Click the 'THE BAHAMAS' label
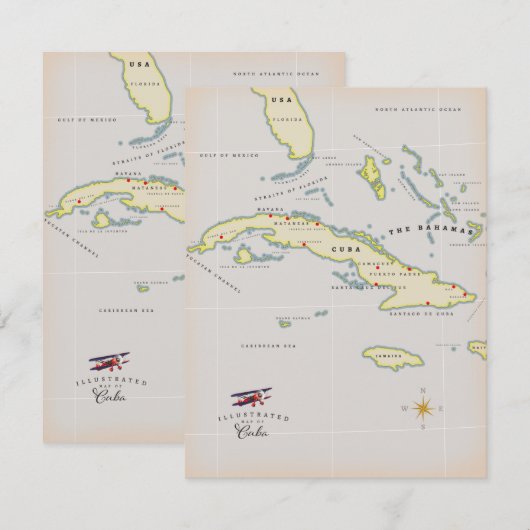(431, 230)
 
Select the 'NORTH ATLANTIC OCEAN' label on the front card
(418, 108)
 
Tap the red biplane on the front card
(251, 399)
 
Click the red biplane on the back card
(108, 362)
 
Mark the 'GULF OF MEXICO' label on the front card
(230, 155)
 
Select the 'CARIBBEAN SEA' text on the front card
(268, 345)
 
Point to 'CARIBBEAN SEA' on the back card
(124, 309)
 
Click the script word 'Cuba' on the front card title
(252, 432)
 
